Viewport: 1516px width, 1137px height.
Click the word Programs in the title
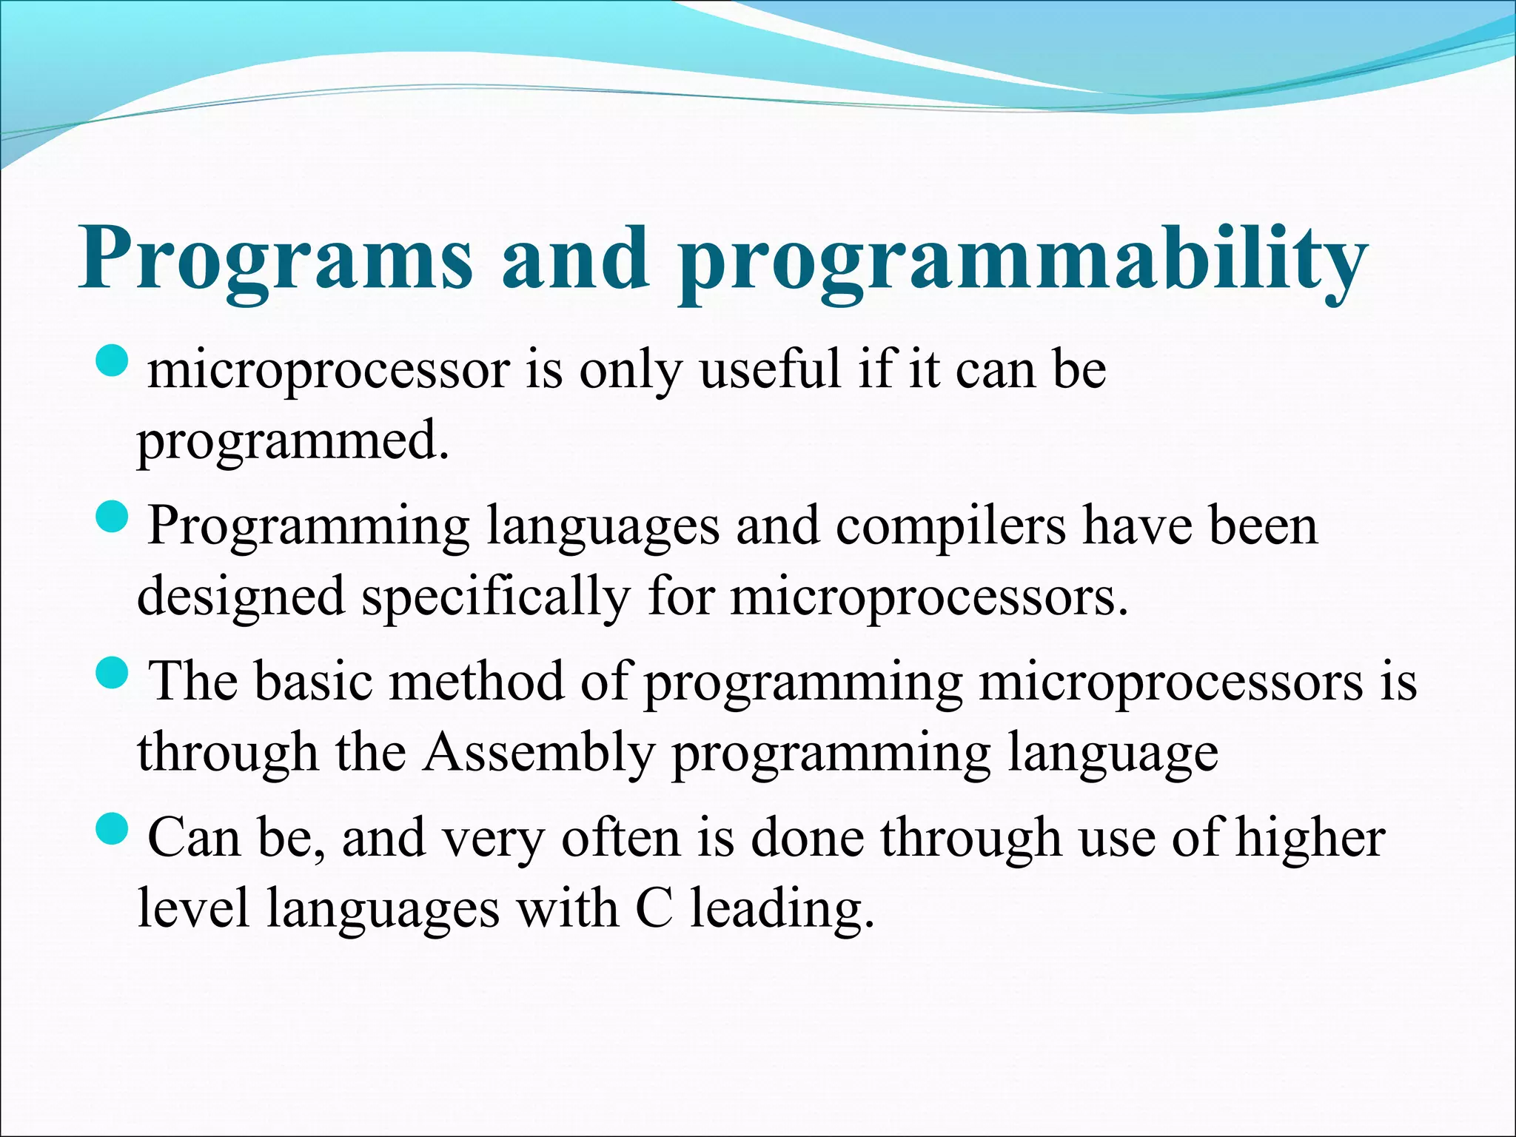point(275,259)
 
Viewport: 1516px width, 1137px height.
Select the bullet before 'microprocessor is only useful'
point(113,362)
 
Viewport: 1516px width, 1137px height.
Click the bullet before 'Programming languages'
point(113,518)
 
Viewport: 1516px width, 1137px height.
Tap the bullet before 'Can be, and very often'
point(113,830)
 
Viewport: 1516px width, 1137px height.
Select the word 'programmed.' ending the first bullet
point(293,443)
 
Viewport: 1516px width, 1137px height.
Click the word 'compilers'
point(951,526)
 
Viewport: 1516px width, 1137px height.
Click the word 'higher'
point(1310,838)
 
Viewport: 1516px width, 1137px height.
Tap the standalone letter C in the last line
point(654,908)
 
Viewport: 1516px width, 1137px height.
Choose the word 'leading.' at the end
point(782,910)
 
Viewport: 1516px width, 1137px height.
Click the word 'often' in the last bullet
point(620,838)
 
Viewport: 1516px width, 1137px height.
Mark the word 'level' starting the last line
point(193,908)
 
